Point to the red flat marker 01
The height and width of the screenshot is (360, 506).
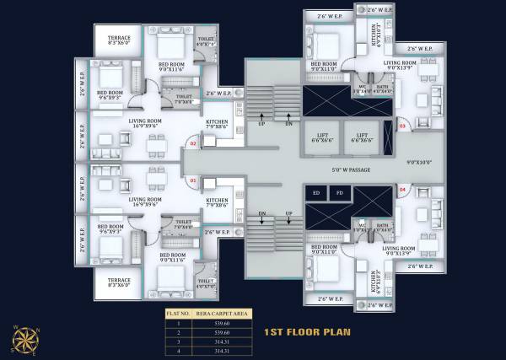[x=193, y=180]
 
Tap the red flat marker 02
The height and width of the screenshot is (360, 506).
[x=193, y=144]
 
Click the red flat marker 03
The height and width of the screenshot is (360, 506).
[x=402, y=126]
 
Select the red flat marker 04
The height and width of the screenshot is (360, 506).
[x=402, y=191]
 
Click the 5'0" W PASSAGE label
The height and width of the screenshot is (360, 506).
[x=345, y=169]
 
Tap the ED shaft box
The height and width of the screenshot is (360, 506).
[x=316, y=193]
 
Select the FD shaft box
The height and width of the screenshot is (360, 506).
[x=339, y=193]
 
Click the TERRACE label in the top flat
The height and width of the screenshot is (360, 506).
[x=119, y=36]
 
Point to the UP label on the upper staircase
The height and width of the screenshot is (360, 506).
[x=261, y=123]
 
